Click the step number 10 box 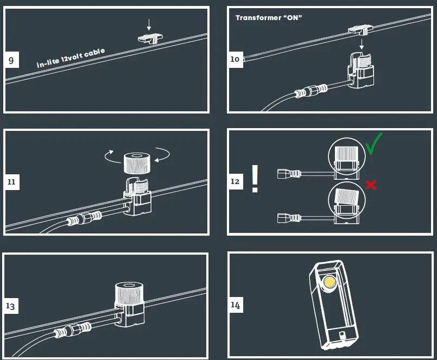[235, 59]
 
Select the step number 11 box [11, 182]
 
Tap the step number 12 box [235, 181]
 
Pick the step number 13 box [11, 306]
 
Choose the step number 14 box [235, 305]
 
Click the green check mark [373, 144]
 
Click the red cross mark [371, 185]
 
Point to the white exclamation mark [255, 179]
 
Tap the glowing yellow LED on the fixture [329, 282]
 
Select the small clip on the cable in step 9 [148, 38]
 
